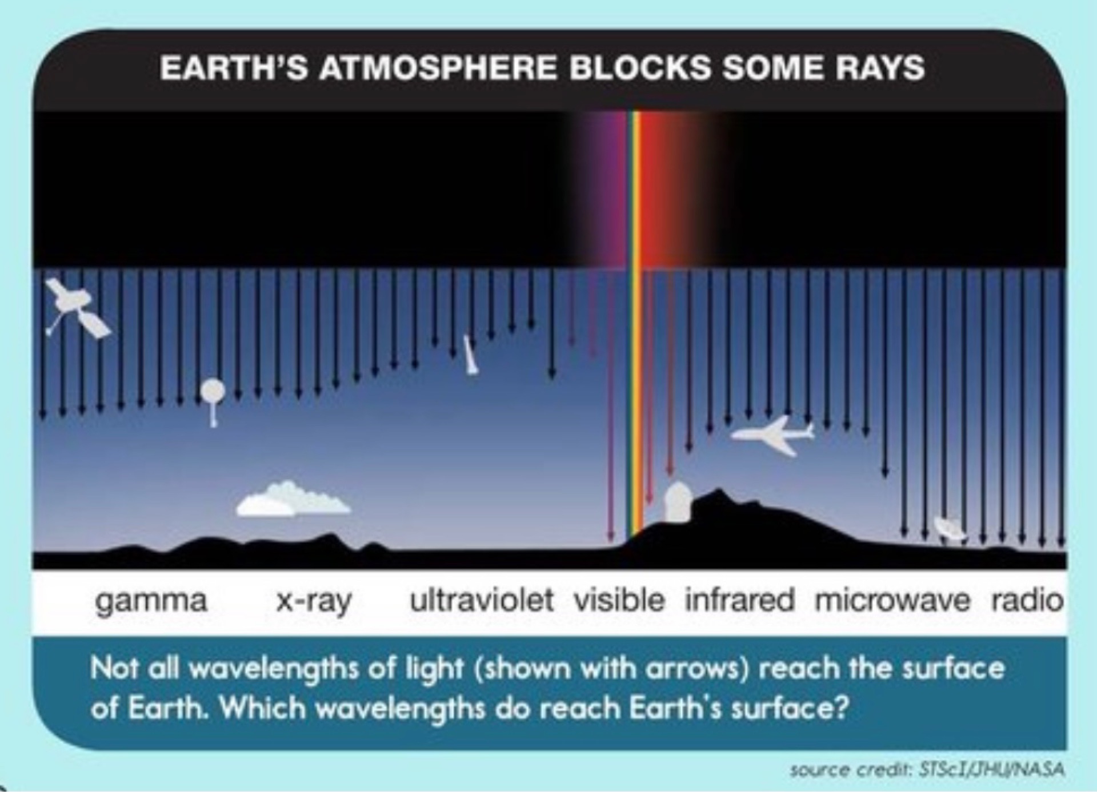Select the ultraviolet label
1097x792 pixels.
(482, 600)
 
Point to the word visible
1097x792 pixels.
(619, 600)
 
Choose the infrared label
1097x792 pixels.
(740, 600)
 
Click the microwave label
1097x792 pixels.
(892, 601)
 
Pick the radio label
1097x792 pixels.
(1027, 600)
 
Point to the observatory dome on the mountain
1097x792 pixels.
(678, 502)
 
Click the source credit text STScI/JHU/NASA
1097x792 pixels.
(991, 770)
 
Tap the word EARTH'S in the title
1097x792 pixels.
(234, 68)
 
